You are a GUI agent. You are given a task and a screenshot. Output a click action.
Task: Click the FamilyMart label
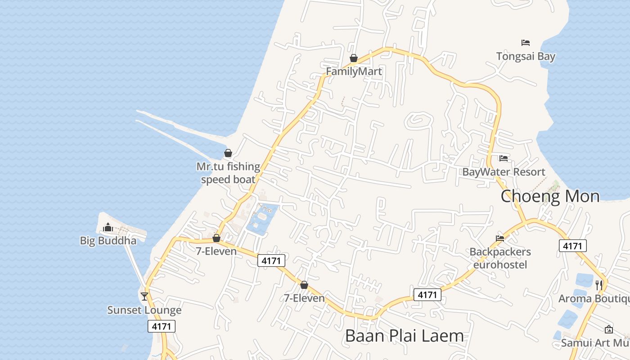pos(354,71)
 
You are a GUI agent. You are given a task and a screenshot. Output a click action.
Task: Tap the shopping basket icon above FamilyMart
pos(354,58)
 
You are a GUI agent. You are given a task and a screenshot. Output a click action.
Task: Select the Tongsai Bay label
pos(526,56)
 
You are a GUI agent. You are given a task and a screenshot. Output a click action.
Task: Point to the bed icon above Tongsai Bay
pos(526,43)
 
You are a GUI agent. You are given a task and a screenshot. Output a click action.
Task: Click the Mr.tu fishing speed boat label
pos(228,173)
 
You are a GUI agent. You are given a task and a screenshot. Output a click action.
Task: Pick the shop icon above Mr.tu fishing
pos(228,153)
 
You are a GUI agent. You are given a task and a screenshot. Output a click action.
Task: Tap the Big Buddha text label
pos(108,241)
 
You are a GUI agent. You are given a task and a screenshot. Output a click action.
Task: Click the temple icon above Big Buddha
pos(108,227)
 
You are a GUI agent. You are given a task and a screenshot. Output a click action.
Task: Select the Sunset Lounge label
pos(144,310)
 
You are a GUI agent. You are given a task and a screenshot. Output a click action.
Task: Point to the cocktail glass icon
pos(144,296)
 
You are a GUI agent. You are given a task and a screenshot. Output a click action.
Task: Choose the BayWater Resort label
pos(504,172)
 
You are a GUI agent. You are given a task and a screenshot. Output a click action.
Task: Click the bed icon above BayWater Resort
pos(504,158)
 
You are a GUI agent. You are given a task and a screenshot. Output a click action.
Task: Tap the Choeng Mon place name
pos(550,197)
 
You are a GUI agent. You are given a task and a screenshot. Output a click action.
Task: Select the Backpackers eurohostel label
pos(500,258)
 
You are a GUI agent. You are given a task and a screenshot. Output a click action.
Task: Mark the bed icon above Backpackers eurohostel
pos(500,238)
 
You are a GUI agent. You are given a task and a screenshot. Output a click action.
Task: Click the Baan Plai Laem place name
pos(404,336)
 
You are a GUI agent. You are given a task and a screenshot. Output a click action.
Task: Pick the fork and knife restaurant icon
pos(599,285)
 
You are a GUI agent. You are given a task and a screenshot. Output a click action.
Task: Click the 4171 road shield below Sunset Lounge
pos(162,326)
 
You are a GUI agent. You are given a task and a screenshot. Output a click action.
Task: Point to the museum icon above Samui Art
pos(609,329)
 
